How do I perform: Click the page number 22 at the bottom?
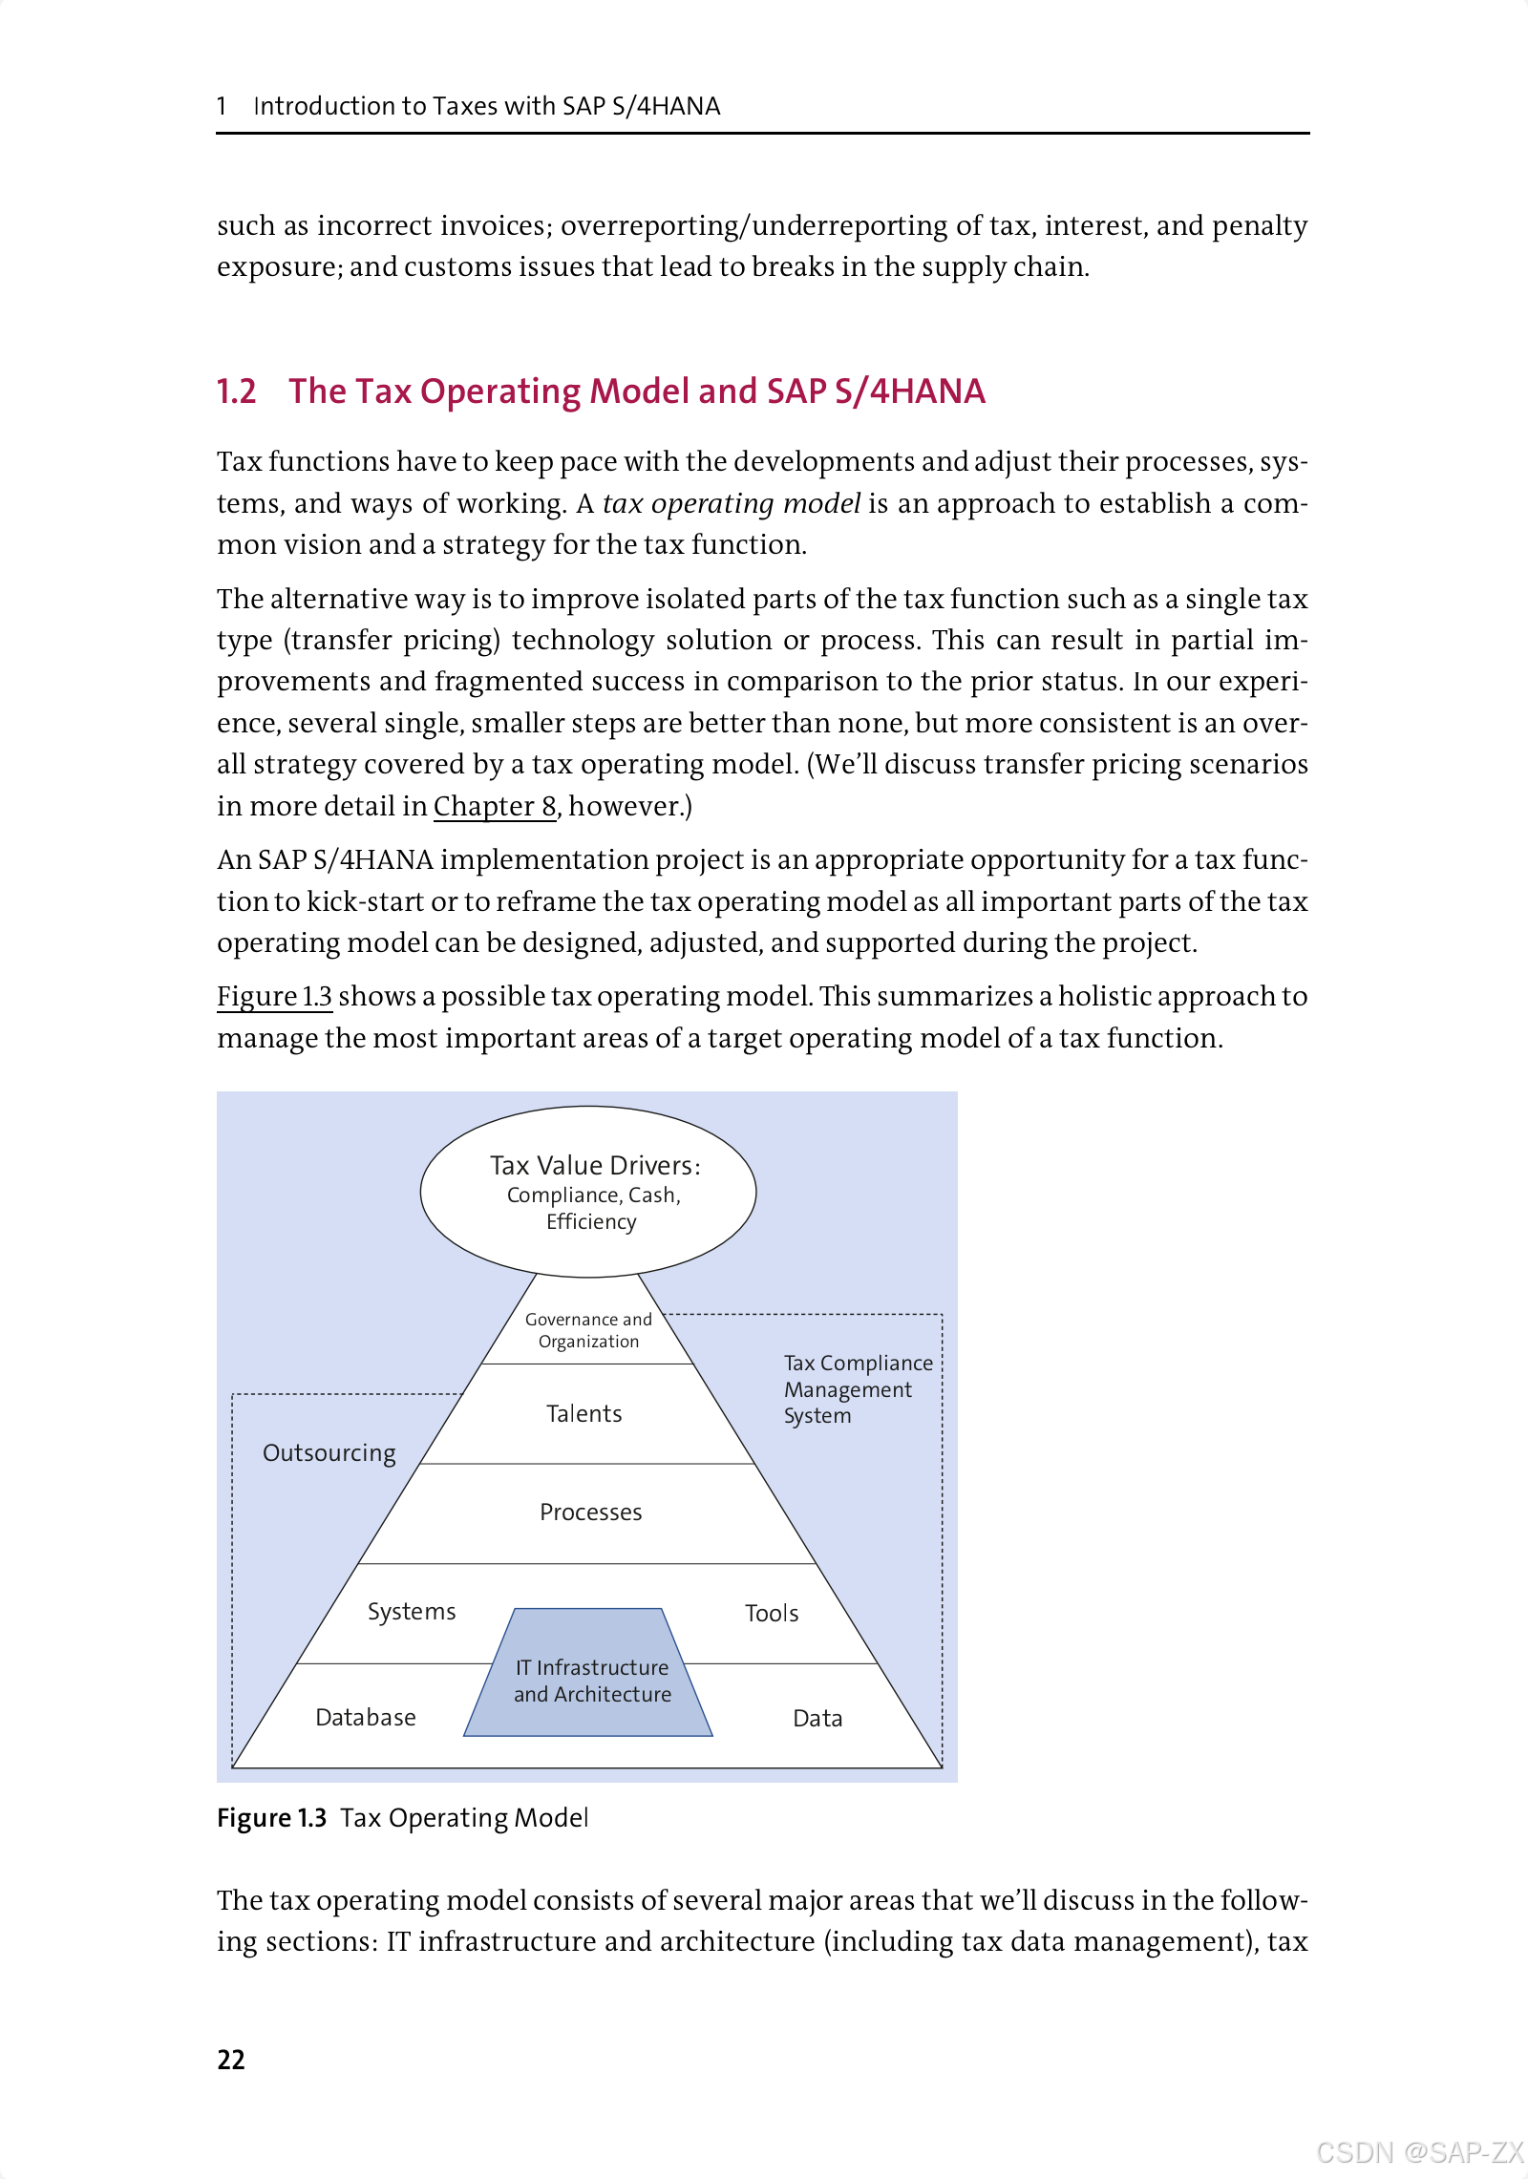click(x=231, y=2060)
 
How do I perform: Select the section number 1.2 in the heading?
click(x=237, y=391)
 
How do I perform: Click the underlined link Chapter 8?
click(x=495, y=806)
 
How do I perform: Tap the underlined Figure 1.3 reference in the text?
click(x=274, y=996)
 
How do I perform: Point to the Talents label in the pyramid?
click(x=584, y=1413)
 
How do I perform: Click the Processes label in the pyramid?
click(x=590, y=1512)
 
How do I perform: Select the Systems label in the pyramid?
click(x=412, y=1612)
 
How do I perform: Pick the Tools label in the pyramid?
click(x=772, y=1613)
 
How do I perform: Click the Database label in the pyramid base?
click(x=366, y=1717)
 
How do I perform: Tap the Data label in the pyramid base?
click(x=817, y=1718)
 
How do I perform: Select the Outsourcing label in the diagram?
click(x=329, y=1452)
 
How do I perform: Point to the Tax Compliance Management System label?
click(x=857, y=1389)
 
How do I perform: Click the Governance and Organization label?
click(x=588, y=1330)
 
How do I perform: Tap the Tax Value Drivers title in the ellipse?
click(x=594, y=1165)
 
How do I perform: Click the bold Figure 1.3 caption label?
click(x=272, y=1818)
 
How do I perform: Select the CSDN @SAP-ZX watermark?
click(x=1419, y=2152)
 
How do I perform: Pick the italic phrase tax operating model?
click(x=732, y=503)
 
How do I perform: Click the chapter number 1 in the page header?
click(x=222, y=106)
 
